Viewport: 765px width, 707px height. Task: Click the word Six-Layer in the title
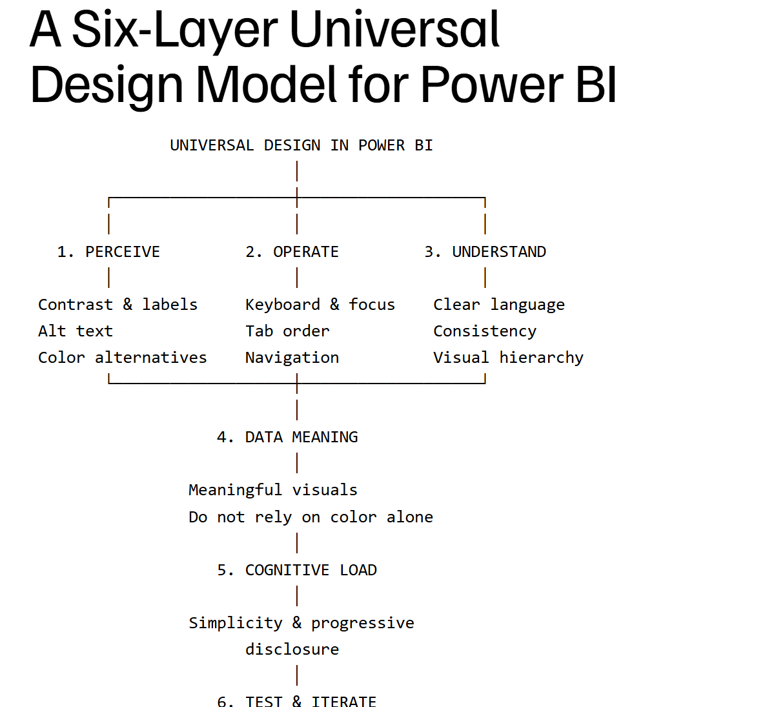pyautogui.click(x=175, y=30)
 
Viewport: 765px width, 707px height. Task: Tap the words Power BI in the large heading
pyautogui.click(x=518, y=85)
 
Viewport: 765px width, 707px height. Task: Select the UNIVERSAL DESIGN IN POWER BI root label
pyautogui.click(x=301, y=145)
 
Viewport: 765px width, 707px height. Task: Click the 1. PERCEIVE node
pyautogui.click(x=108, y=252)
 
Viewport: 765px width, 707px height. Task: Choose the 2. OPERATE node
pyautogui.click(x=292, y=252)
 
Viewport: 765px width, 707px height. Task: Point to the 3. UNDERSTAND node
pyautogui.click(x=485, y=252)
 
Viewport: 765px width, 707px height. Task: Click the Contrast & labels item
pyautogui.click(x=117, y=305)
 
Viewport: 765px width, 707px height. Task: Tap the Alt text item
pyautogui.click(x=76, y=331)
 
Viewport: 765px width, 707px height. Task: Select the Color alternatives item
pyautogui.click(x=123, y=358)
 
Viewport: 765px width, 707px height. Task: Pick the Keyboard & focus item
pyautogui.click(x=320, y=305)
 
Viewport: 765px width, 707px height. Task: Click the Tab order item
pyautogui.click(x=287, y=331)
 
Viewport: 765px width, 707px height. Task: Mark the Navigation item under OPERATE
pyautogui.click(x=292, y=358)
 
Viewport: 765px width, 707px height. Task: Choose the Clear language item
pyautogui.click(x=499, y=305)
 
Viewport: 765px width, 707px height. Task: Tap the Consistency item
pyautogui.click(x=485, y=331)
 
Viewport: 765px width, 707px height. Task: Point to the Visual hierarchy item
pyautogui.click(x=508, y=358)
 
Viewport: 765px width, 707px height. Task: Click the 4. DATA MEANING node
pyautogui.click(x=287, y=437)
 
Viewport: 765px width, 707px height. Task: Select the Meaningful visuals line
pyautogui.click(x=273, y=490)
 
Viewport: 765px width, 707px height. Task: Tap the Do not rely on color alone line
pyautogui.click(x=311, y=517)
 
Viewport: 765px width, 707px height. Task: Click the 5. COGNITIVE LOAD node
pyautogui.click(x=296, y=570)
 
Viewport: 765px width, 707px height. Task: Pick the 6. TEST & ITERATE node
pyautogui.click(x=296, y=701)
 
